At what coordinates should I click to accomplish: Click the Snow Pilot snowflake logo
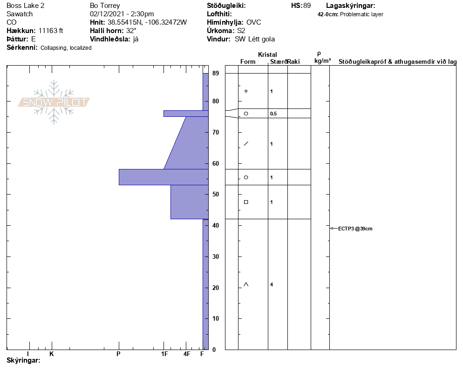[x=54, y=102]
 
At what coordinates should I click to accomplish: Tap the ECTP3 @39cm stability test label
[x=355, y=229]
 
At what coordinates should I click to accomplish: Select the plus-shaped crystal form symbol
[x=246, y=91]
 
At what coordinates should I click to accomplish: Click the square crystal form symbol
[x=246, y=202]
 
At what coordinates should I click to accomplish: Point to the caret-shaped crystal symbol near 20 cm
[x=246, y=284]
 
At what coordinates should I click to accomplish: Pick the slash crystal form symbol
[x=246, y=144]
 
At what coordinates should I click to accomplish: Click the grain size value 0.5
[x=273, y=114]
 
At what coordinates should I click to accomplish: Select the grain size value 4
[x=272, y=284]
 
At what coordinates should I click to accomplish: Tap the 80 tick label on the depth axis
[x=216, y=101]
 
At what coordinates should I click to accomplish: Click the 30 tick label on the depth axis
[x=216, y=257]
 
